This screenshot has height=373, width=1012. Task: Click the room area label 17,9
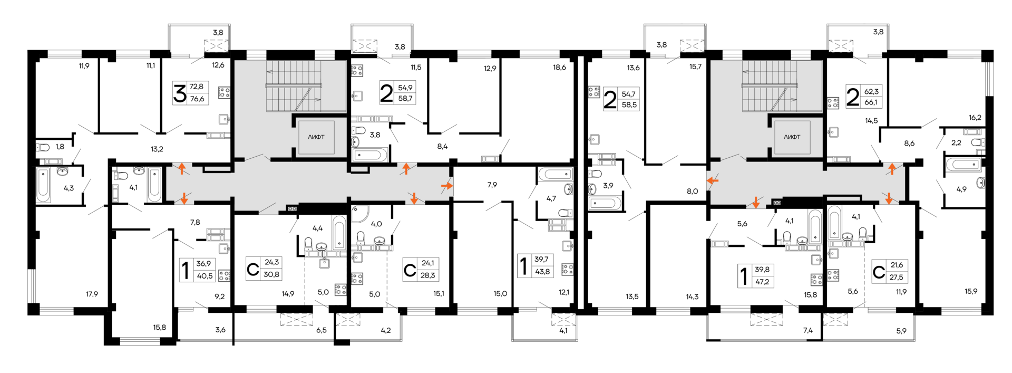[x=92, y=294]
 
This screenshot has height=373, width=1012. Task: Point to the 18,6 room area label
[x=559, y=68]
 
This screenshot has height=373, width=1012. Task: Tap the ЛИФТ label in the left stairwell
[x=316, y=137]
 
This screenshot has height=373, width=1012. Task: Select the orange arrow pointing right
[x=446, y=186]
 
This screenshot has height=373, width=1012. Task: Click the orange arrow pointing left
[x=712, y=181]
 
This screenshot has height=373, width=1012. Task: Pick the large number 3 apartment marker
[x=180, y=93]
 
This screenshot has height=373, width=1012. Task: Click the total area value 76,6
[x=197, y=99]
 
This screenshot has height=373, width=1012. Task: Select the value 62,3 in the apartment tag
[x=871, y=91]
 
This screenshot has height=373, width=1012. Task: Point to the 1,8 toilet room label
[x=60, y=147]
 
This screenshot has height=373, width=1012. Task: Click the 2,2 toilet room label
[x=956, y=142]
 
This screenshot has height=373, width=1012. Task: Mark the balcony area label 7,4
[x=808, y=330]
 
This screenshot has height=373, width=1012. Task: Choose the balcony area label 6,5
[x=321, y=330]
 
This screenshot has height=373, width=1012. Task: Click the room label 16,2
[x=975, y=118]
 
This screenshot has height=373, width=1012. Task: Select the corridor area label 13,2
[x=157, y=149]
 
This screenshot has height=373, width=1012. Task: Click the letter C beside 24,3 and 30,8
[x=253, y=270]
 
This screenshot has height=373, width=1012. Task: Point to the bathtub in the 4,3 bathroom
[x=43, y=185]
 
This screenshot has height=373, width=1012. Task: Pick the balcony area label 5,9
[x=901, y=331]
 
